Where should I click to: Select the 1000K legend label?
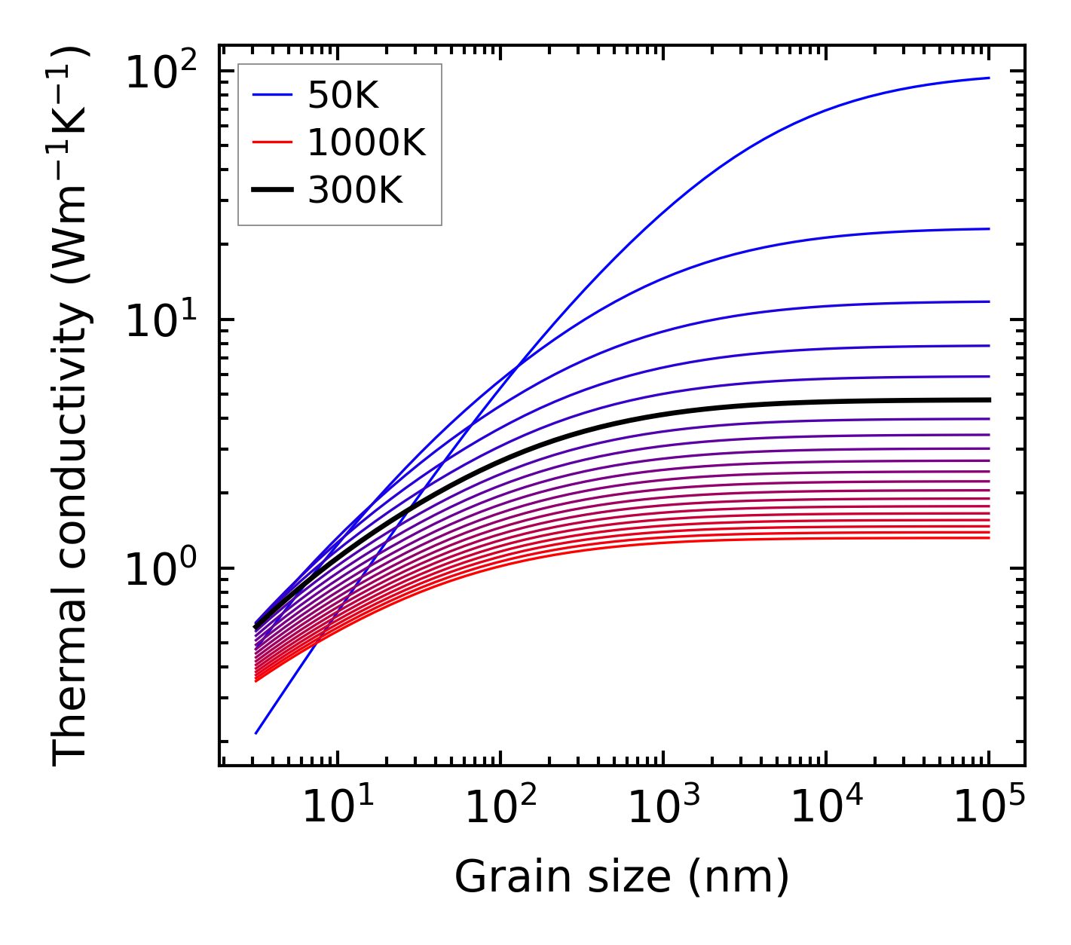(366, 142)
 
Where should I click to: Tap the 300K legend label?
(355, 191)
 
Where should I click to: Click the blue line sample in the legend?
(271, 95)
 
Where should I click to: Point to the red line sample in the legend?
(271, 142)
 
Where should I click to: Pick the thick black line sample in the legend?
(271, 191)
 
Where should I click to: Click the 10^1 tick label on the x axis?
(338, 808)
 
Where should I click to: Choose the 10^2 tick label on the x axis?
(500, 808)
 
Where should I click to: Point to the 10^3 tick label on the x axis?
(663, 808)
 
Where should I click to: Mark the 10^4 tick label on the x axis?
(826, 808)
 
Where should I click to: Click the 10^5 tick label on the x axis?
(989, 808)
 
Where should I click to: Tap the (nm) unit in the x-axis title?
(739, 877)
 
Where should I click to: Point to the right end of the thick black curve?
(988, 400)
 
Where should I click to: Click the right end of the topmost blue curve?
(988, 78)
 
